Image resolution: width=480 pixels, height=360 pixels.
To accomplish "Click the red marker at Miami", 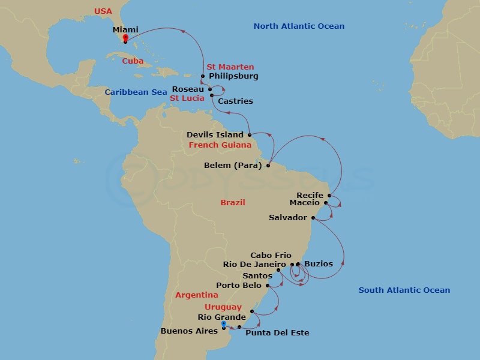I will click(x=125, y=38).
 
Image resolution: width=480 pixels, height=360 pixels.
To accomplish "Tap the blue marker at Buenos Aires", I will click(x=223, y=325).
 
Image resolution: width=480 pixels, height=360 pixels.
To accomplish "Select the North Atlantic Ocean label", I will click(x=299, y=26).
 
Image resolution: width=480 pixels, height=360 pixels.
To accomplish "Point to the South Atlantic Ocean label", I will click(x=404, y=290).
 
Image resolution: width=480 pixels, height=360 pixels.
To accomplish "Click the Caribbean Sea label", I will click(x=136, y=92).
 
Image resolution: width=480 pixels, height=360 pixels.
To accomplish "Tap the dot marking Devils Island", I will click(x=249, y=135).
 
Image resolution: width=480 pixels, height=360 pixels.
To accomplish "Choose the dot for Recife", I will click(x=329, y=196).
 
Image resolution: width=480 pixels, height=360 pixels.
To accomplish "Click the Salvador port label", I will click(x=288, y=218).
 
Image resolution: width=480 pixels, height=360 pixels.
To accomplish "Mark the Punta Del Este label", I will click(x=277, y=332).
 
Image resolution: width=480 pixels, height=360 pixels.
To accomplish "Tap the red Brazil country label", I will click(x=233, y=203).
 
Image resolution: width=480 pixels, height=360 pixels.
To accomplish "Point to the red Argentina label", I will click(x=197, y=295).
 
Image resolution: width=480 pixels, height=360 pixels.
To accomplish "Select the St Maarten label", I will click(x=230, y=67).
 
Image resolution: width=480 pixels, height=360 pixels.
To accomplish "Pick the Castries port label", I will click(x=235, y=101).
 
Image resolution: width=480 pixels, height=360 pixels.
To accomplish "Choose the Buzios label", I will click(x=319, y=264).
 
